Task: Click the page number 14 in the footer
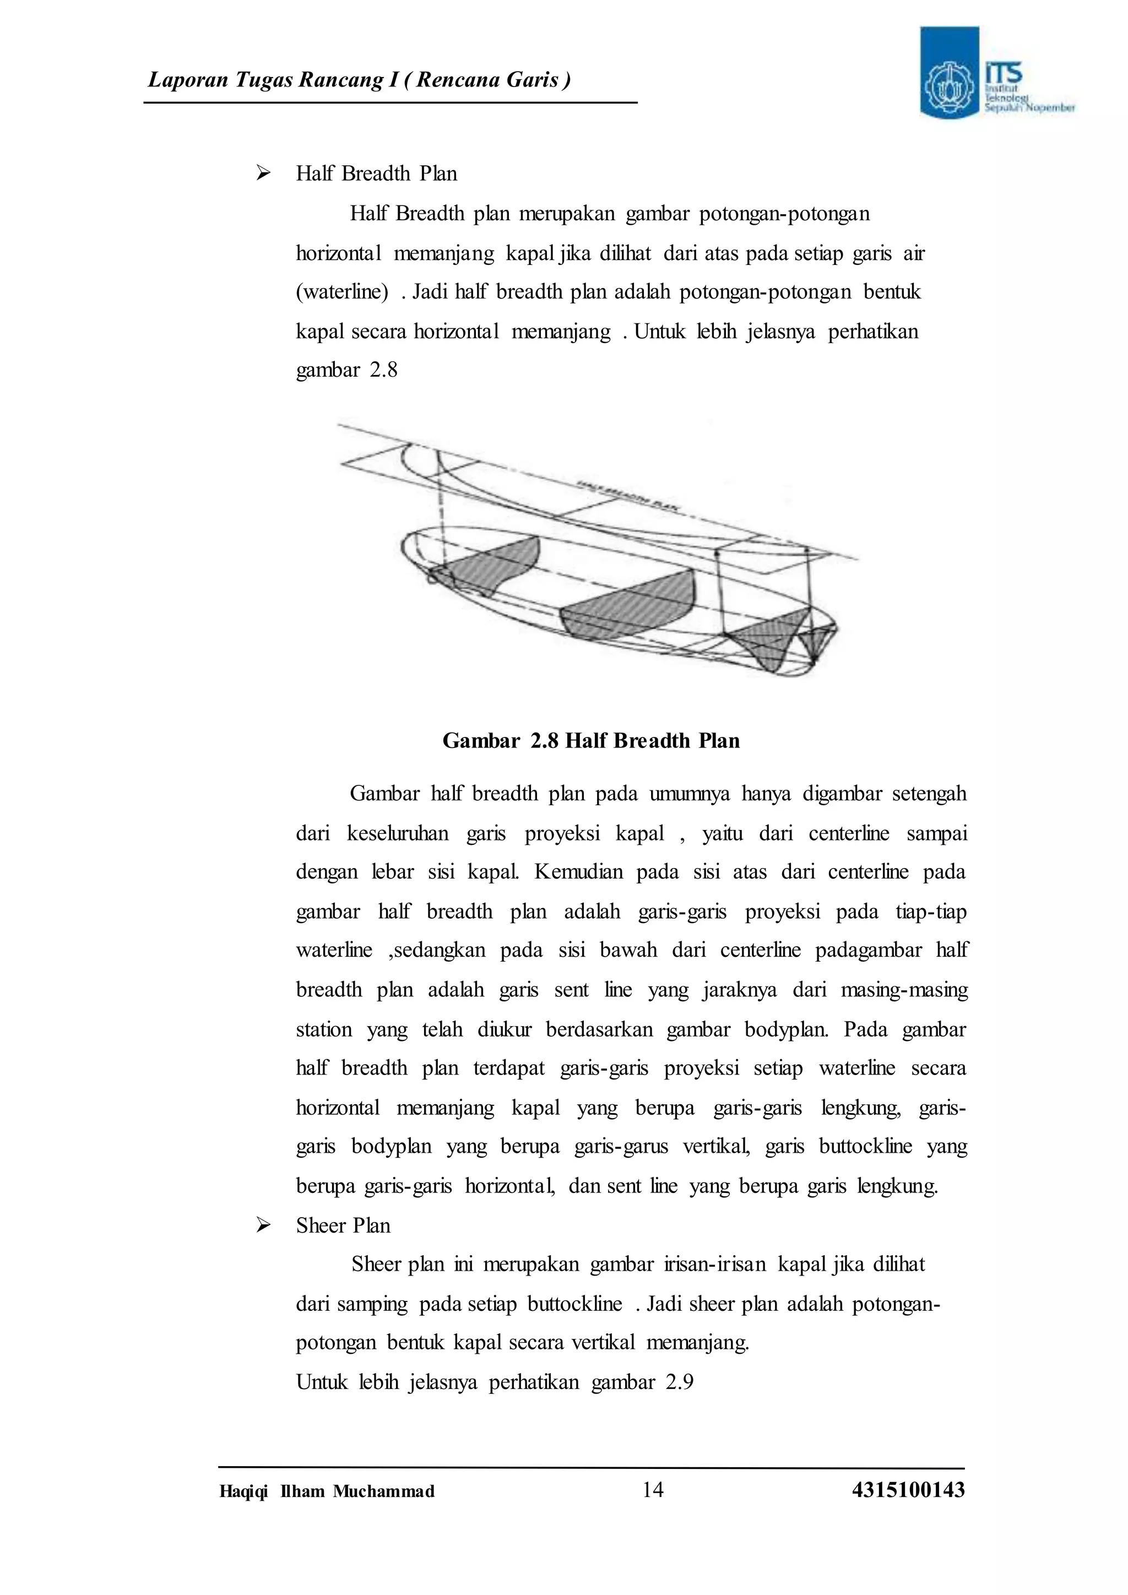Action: click(x=653, y=1489)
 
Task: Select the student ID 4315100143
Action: click(x=908, y=1489)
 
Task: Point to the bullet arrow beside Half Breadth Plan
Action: click(x=263, y=173)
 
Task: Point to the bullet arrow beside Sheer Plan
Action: click(x=263, y=1225)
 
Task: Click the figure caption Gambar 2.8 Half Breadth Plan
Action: click(x=591, y=741)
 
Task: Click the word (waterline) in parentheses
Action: click(x=341, y=292)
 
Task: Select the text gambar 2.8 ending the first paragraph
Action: click(x=346, y=370)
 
